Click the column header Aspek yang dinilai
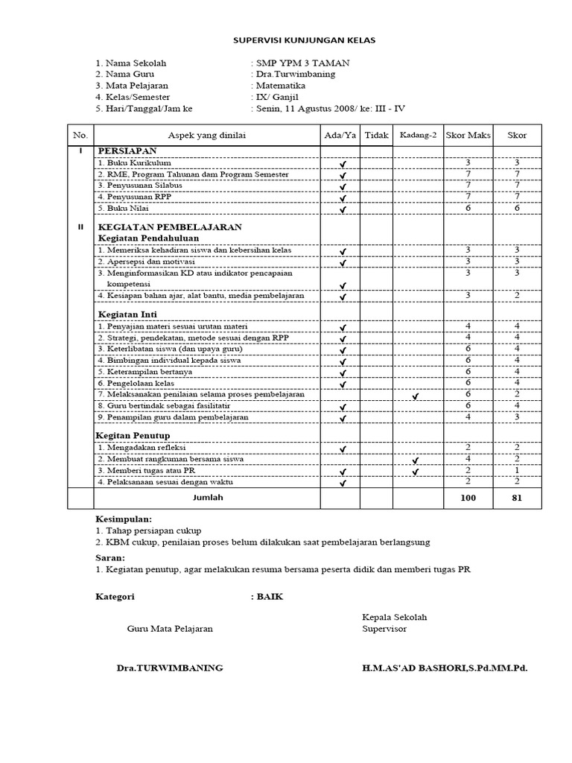pyautogui.click(x=206, y=135)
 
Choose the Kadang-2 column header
pyautogui.click(x=417, y=135)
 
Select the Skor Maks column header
pyautogui.click(x=468, y=135)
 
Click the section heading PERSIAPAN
pyautogui.click(x=127, y=151)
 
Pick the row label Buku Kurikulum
pyautogui.click(x=135, y=162)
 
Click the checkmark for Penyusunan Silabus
pyautogui.click(x=343, y=187)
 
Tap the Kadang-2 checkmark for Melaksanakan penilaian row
pyautogui.click(x=416, y=396)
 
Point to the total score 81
pyautogui.click(x=517, y=497)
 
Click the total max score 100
pyautogui.click(x=468, y=497)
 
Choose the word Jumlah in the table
pyautogui.click(x=207, y=496)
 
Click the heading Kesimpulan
pyautogui.click(x=124, y=518)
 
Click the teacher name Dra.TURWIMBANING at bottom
pyautogui.click(x=170, y=668)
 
